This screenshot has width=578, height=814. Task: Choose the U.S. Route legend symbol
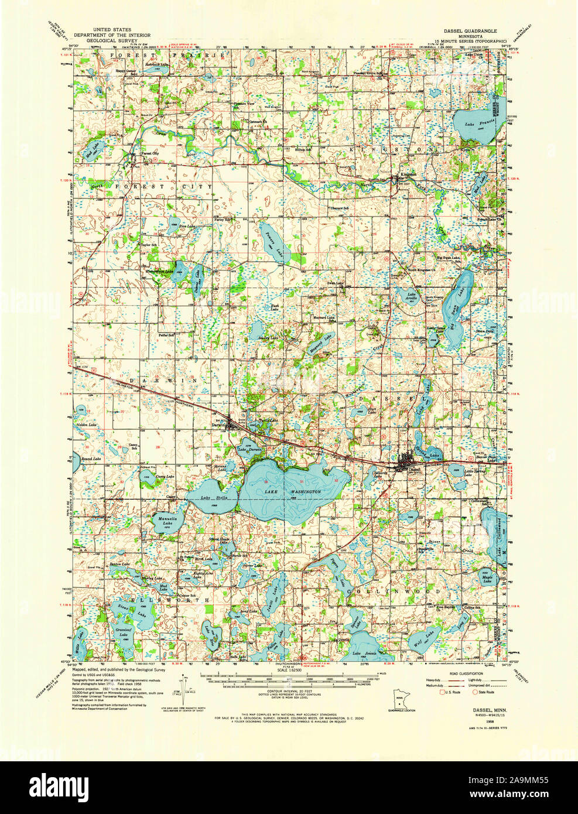(443, 692)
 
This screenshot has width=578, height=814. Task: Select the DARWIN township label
(151, 380)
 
